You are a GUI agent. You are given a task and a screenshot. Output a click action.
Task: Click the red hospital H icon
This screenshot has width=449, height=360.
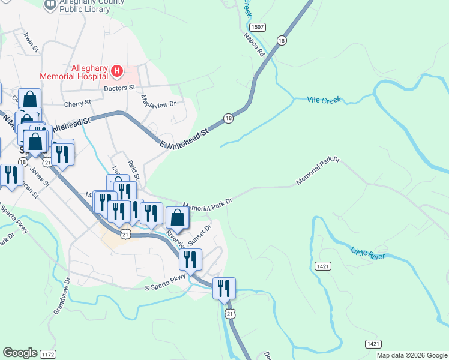(117, 73)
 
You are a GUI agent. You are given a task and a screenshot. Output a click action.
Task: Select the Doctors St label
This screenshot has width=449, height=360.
(119, 88)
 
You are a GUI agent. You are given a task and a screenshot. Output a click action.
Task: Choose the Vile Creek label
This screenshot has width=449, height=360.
(324, 100)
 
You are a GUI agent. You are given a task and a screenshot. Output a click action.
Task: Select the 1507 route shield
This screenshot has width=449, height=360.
(258, 28)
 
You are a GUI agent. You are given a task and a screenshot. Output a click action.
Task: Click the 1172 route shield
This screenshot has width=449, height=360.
(48, 355)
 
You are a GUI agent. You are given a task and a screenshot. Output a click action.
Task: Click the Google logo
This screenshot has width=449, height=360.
(20, 353)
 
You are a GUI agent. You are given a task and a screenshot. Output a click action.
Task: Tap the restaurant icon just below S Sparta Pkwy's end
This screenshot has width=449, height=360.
(224, 288)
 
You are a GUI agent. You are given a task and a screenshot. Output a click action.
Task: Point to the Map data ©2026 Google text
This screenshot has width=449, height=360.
(412, 355)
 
